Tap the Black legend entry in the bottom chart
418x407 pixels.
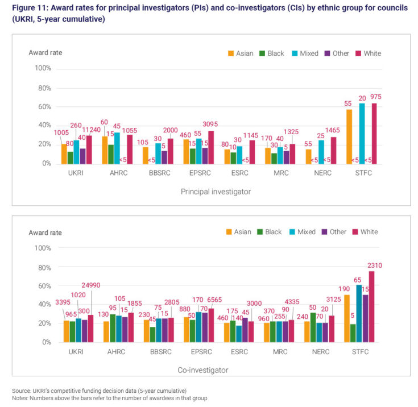click(x=272, y=232)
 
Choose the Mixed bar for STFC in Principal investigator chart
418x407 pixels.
click(x=362, y=133)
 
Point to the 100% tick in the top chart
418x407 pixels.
click(x=43, y=68)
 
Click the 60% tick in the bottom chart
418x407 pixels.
click(x=43, y=286)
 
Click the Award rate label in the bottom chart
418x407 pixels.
click(x=45, y=232)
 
